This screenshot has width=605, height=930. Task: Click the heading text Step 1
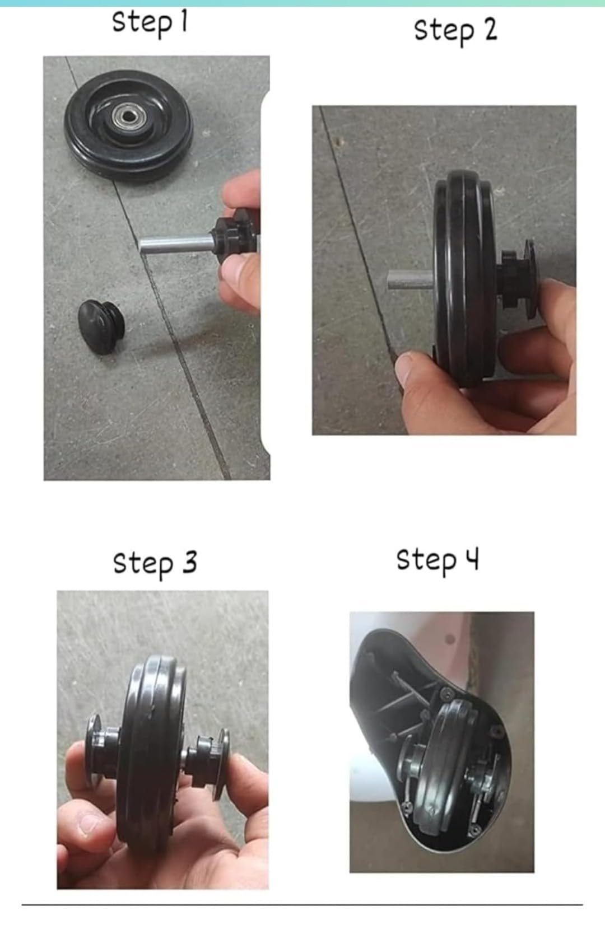click(x=150, y=24)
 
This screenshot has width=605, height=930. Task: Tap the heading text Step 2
click(x=455, y=31)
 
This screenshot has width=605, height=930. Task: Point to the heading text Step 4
click(x=438, y=561)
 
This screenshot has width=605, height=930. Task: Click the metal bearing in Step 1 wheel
click(x=128, y=116)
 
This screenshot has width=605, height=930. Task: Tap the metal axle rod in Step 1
click(x=176, y=244)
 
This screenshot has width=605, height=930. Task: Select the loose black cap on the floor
click(x=101, y=327)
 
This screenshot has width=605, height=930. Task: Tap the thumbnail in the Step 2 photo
click(x=406, y=364)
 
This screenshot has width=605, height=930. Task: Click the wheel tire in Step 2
click(x=465, y=278)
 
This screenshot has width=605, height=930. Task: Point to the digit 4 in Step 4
click(x=472, y=558)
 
